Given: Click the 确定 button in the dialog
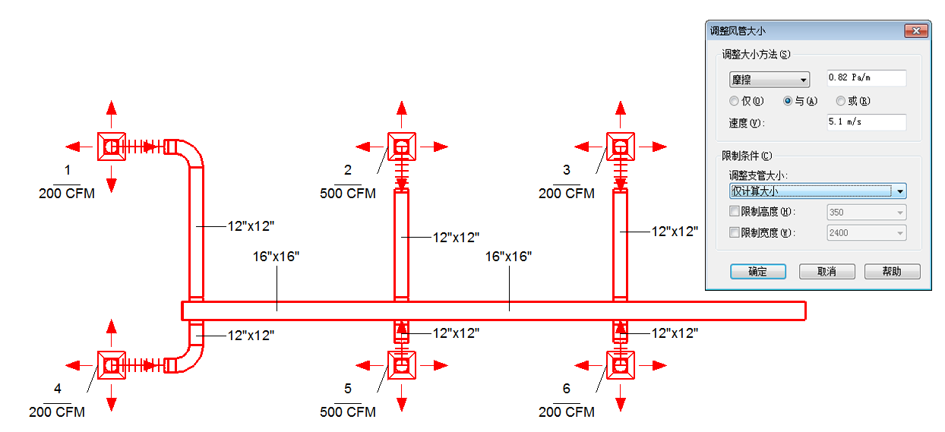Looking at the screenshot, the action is (x=757, y=271).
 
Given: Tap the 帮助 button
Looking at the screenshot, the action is (x=893, y=271).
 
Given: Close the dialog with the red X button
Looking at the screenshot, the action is (x=916, y=31).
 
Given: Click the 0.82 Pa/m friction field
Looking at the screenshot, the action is (x=866, y=78).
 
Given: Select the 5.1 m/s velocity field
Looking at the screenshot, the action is (x=866, y=122).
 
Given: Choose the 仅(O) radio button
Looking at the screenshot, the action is (x=734, y=101).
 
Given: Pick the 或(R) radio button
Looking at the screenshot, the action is (x=841, y=101).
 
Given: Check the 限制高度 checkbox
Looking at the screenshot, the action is (x=735, y=211).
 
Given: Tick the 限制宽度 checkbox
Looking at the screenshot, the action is (x=735, y=232).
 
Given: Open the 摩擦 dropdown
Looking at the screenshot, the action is (x=770, y=80).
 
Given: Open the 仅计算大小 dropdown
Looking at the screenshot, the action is (x=817, y=191).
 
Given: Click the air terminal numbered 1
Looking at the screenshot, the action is (x=112, y=147).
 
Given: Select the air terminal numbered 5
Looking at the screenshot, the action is (x=402, y=365).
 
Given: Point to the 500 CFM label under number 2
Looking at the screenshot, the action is (x=348, y=194).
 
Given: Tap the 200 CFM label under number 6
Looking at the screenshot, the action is (x=566, y=412).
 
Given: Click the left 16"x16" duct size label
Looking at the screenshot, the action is (x=276, y=257).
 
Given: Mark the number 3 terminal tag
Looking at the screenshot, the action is (x=566, y=170).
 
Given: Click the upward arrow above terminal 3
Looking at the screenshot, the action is (x=620, y=114).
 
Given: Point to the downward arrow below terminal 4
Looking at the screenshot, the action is (x=112, y=398).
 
